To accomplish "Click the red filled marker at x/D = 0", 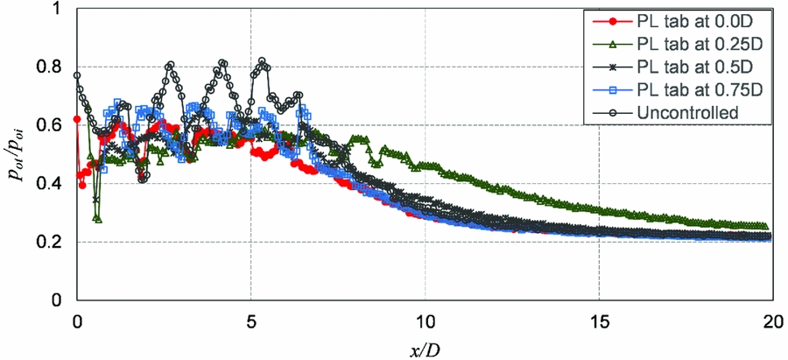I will pos(77,119).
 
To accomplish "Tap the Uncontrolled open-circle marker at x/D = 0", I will pos(77,75).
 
